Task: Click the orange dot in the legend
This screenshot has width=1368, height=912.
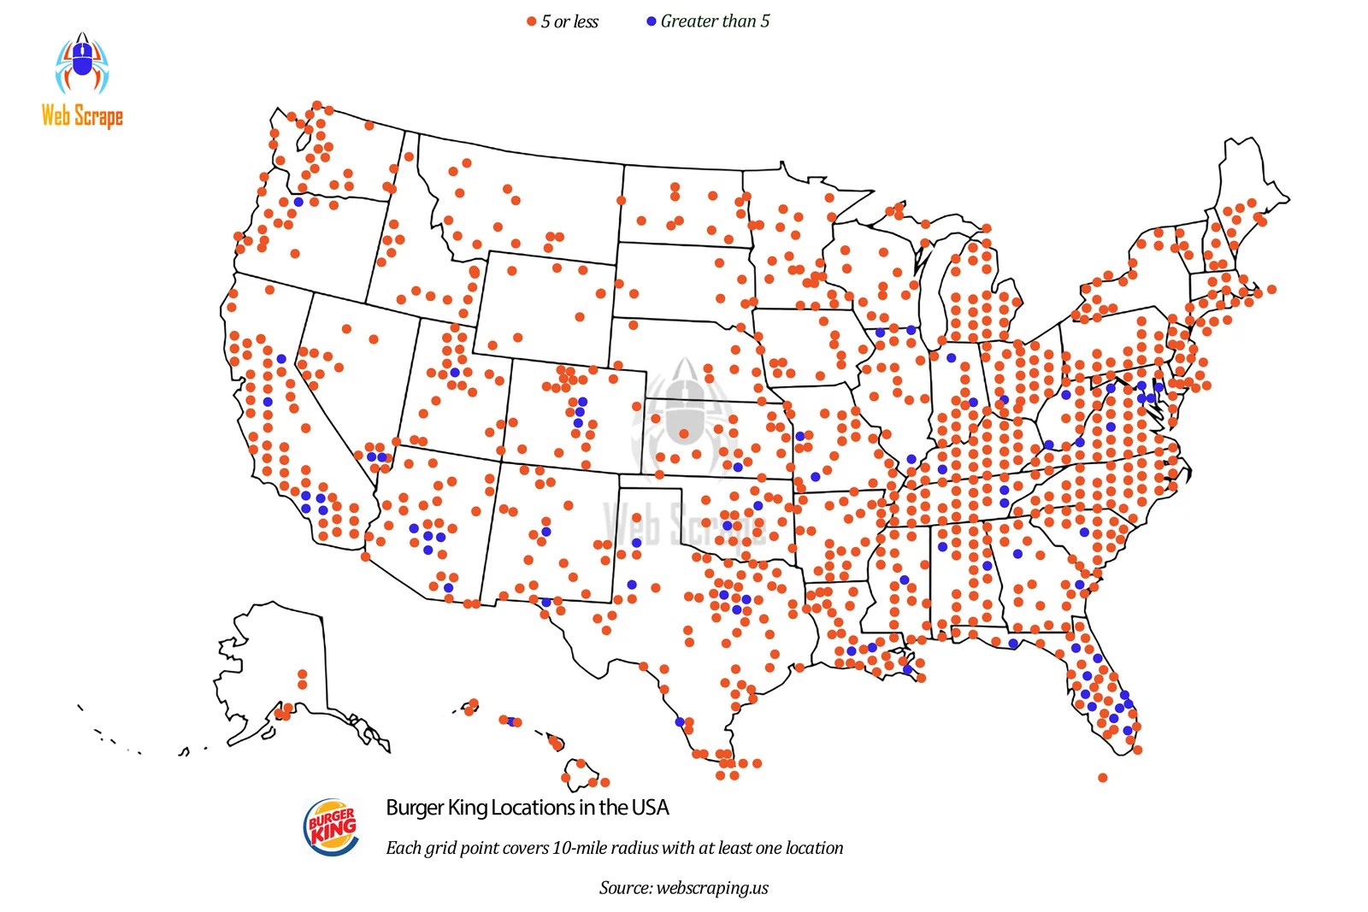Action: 531,22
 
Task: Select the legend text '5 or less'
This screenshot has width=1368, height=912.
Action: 569,22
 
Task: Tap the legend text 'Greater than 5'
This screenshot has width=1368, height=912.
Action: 715,21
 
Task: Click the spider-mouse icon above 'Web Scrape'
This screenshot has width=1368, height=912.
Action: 82,64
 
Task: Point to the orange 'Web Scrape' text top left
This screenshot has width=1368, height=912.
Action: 82,115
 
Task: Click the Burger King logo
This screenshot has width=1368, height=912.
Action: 332,827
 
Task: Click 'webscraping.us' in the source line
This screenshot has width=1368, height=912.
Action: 712,888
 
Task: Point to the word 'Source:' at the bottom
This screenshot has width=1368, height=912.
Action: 626,888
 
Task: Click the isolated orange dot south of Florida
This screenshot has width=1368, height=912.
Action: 1102,778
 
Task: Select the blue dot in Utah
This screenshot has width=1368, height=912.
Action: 455,373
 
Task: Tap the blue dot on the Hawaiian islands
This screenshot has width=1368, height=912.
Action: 511,722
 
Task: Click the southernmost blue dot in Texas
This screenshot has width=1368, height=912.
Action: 680,722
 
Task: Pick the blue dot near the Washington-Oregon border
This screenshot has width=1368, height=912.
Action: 298,202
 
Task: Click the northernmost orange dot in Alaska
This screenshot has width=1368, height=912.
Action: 302,674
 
